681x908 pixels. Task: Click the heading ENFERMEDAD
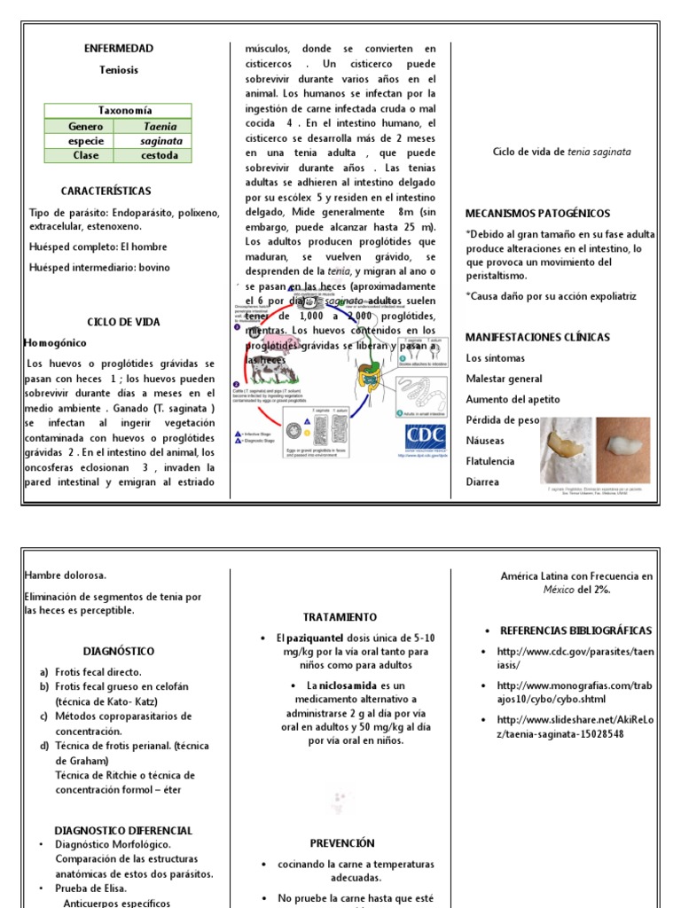click(x=118, y=49)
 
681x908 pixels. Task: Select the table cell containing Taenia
click(x=160, y=127)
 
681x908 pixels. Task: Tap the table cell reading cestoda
click(x=160, y=155)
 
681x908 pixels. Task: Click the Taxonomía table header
click(x=118, y=112)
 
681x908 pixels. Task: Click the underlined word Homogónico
click(x=56, y=342)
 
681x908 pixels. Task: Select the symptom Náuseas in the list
click(x=485, y=441)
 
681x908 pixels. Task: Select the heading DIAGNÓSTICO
click(x=119, y=651)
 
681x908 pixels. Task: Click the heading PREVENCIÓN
click(x=342, y=843)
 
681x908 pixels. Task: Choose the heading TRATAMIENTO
click(x=340, y=617)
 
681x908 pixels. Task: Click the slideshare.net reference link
click(x=575, y=727)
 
